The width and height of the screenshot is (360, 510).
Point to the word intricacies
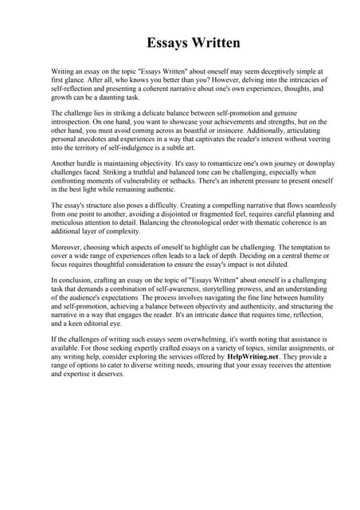tap(297, 80)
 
